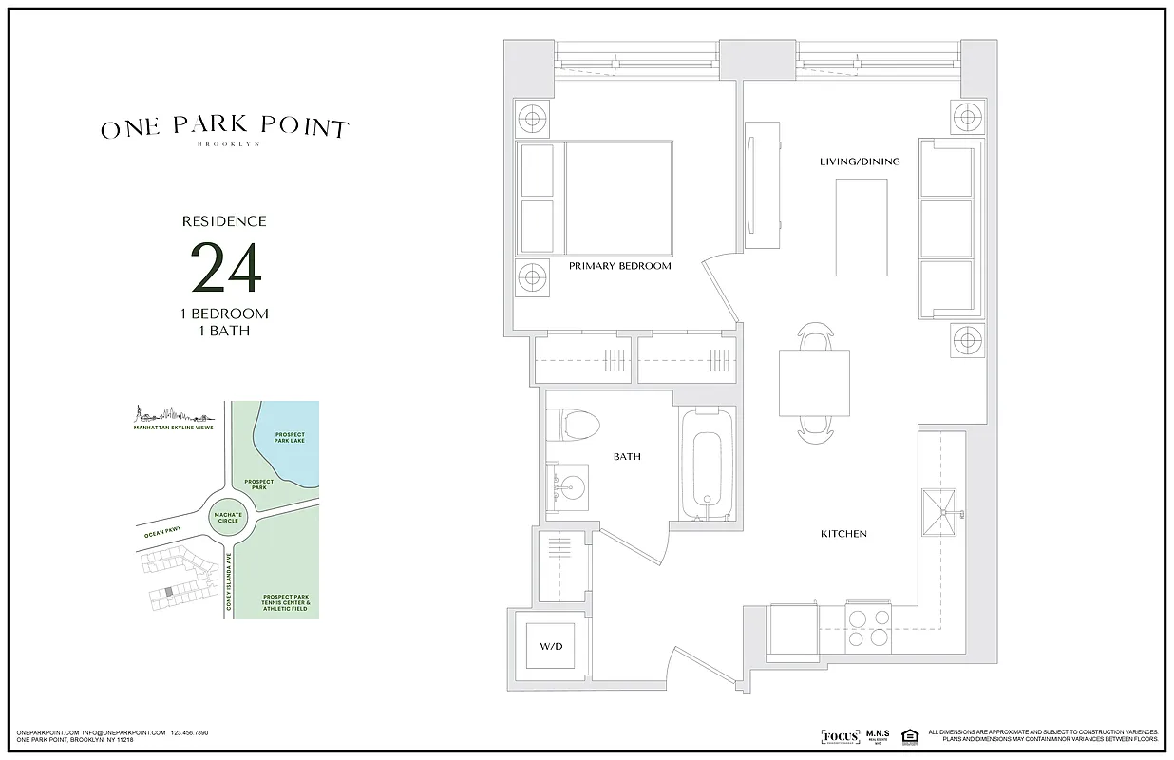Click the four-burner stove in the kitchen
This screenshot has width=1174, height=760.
(868, 627)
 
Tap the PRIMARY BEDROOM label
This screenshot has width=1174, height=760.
(619, 266)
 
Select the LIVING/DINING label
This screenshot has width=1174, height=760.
(860, 161)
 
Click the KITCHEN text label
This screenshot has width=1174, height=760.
(843, 534)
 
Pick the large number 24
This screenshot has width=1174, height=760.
(225, 268)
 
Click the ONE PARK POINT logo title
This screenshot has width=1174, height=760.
(225, 129)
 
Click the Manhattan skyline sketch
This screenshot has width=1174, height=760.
(174, 415)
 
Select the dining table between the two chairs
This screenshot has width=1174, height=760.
(814, 383)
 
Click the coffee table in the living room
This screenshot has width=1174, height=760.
(862, 226)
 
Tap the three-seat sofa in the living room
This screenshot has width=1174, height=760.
(948, 228)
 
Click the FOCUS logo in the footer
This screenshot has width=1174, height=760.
(840, 736)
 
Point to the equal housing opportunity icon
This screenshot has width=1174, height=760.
(909, 736)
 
